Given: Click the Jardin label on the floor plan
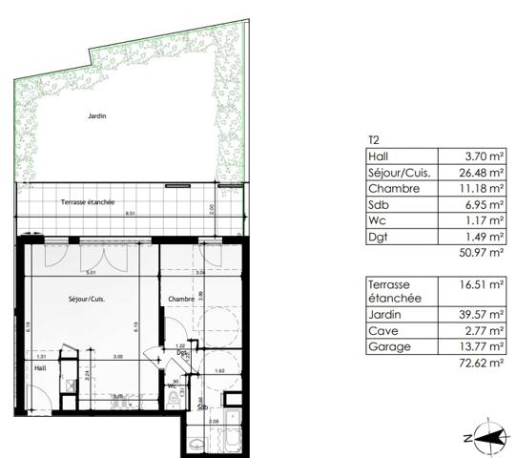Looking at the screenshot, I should (96, 116).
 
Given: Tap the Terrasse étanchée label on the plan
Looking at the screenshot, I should (88, 202).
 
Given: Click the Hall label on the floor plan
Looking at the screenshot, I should (40, 367).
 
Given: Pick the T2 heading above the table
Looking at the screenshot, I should (373, 139).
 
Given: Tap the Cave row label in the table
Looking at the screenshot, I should (382, 330).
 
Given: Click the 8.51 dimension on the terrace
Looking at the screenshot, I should (129, 215).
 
